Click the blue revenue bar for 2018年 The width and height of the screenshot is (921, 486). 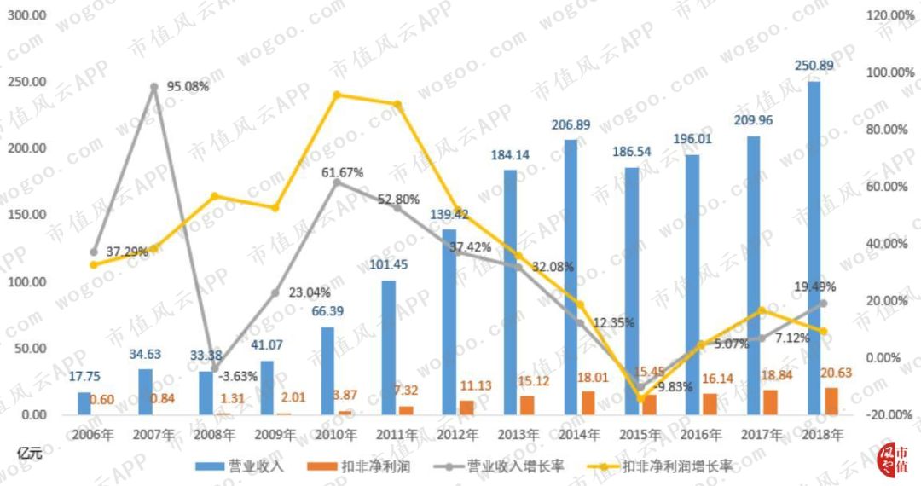point(814,247)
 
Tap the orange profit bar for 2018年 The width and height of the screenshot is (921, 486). point(831,401)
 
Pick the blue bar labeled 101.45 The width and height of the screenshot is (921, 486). point(388,347)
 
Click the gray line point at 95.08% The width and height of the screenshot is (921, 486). point(154,87)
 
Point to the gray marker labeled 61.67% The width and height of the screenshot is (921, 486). point(337,182)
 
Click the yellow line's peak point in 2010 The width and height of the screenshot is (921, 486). point(337,95)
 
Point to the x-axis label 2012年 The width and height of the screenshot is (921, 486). point(458,435)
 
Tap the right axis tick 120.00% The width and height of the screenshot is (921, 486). point(889,15)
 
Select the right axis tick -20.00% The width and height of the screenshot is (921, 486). point(889,414)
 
